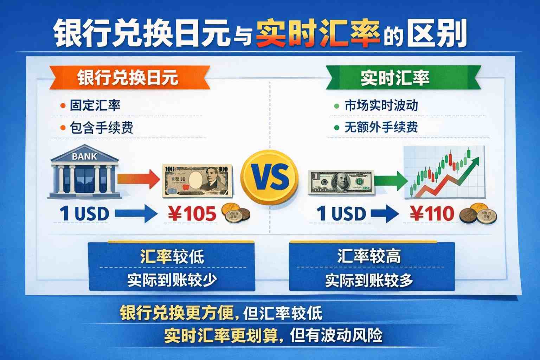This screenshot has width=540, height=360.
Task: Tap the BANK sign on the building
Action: (84, 156)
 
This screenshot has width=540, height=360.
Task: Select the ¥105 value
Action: (192, 214)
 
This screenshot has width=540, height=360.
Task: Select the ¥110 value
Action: (432, 214)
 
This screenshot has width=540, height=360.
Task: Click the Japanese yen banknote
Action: (197, 180)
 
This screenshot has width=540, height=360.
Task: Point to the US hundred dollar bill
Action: (341, 182)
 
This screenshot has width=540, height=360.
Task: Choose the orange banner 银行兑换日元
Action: (128, 78)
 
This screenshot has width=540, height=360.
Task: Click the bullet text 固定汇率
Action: (95, 105)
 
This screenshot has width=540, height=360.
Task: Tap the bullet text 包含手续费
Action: (102, 128)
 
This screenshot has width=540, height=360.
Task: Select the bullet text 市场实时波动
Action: (381, 105)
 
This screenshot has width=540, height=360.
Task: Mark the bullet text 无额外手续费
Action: (381, 127)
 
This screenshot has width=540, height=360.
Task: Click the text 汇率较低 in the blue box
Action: (172, 257)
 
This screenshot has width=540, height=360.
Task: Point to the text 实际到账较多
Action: (369, 281)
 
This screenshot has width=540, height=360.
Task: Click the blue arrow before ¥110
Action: (385, 214)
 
